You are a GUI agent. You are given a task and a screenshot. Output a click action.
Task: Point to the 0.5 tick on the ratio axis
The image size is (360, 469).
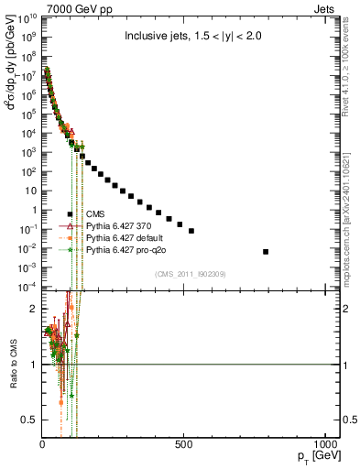[x=29, y=420]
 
